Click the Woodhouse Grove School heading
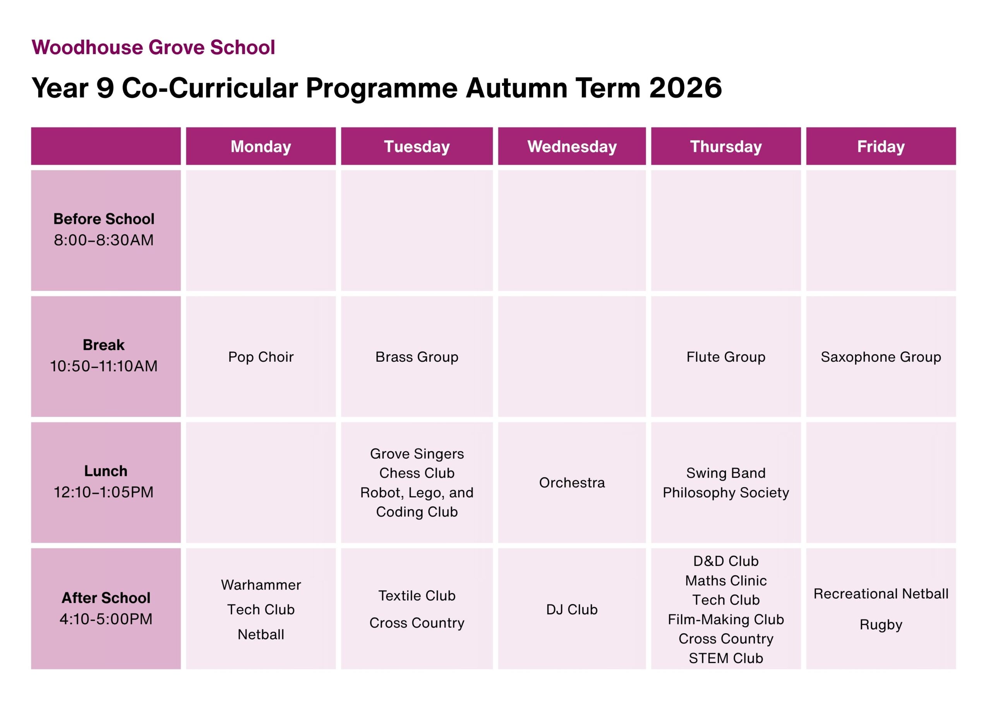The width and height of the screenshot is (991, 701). click(x=153, y=47)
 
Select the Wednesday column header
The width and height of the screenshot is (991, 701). click(x=572, y=146)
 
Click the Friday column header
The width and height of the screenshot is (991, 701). click(x=881, y=146)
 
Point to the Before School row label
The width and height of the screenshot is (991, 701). click(x=104, y=219)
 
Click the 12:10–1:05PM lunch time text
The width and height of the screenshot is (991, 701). click(x=104, y=492)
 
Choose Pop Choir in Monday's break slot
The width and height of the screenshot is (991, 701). click(x=261, y=357)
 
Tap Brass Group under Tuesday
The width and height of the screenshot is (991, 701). click(x=417, y=357)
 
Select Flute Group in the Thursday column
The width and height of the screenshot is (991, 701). click(x=726, y=357)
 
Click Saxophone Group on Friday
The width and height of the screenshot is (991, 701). click(x=881, y=357)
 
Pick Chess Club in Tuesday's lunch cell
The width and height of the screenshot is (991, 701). click(x=417, y=473)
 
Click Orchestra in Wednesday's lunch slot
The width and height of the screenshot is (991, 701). click(x=572, y=483)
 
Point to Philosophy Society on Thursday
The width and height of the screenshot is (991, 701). click(x=726, y=492)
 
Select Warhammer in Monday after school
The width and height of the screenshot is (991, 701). click(x=261, y=585)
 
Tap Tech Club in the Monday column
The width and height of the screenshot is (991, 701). click(x=261, y=610)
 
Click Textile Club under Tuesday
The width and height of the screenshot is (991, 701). click(x=417, y=596)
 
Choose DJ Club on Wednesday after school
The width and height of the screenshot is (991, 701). click(x=572, y=610)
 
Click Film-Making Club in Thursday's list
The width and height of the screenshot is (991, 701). click(x=726, y=619)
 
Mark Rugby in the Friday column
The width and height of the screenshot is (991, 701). click(x=881, y=625)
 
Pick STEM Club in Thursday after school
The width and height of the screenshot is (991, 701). click(x=726, y=658)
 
